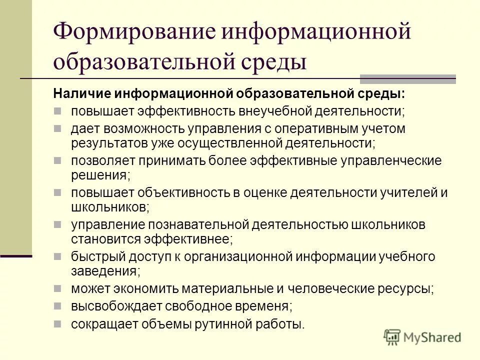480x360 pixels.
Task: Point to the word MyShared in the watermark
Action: click(431, 337)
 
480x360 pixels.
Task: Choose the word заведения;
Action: click(105, 270)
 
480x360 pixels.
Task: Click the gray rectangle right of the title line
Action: click(408, 78)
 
